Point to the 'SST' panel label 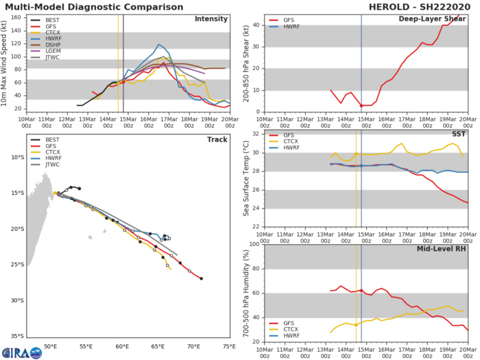[x=457, y=134]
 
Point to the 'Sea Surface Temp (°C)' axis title [x=245, y=178]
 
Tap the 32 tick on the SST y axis [x=256, y=134]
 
